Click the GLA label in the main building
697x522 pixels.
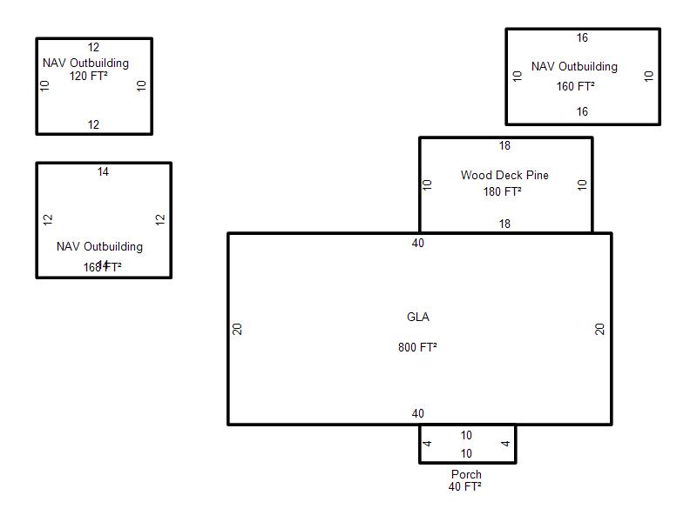(x=418, y=318)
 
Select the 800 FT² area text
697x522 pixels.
(x=418, y=347)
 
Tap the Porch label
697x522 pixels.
(x=466, y=475)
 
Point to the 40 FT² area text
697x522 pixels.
(x=466, y=487)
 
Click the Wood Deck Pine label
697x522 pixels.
(x=504, y=176)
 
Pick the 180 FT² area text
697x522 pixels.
(x=503, y=192)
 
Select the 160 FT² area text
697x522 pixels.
(x=576, y=87)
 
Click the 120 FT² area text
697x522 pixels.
(x=89, y=76)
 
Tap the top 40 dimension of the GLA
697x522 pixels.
(x=418, y=244)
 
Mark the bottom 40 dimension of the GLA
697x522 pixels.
(x=418, y=414)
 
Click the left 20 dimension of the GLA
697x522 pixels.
(x=238, y=329)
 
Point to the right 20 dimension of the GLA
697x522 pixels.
(x=600, y=329)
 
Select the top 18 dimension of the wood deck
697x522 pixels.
(x=504, y=145)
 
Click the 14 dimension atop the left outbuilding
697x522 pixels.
(x=103, y=172)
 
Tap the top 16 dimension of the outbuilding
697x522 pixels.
(x=582, y=38)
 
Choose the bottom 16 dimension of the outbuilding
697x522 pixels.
(x=582, y=111)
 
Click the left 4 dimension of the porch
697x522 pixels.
(x=428, y=444)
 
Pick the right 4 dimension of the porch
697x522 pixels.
(x=506, y=444)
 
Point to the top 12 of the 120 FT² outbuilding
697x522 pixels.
(x=93, y=48)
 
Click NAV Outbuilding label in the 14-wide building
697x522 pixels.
(x=99, y=247)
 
